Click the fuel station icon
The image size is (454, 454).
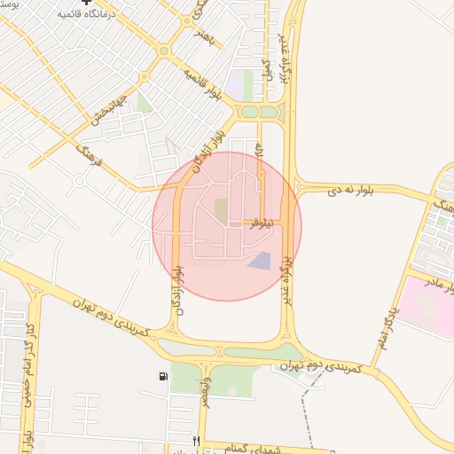tap(163, 377)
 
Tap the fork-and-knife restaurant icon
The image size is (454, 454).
tap(196, 441)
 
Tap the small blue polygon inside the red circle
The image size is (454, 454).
tap(260, 261)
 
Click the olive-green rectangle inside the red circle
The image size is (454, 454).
tap(221, 211)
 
